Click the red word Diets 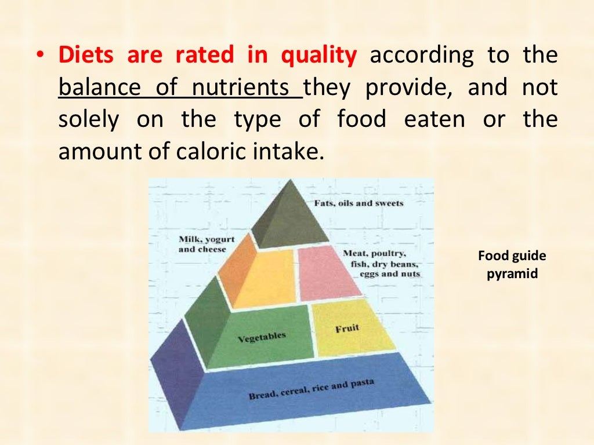86,56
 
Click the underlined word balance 100,88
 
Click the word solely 89,120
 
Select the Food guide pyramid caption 512,265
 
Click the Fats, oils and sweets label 358,203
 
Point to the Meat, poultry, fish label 381,264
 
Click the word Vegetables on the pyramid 262,338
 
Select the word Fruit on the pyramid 347,329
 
